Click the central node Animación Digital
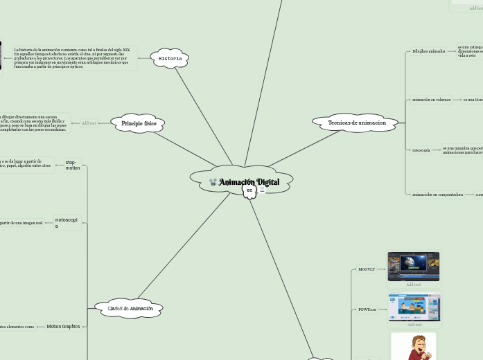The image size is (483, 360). pyautogui.click(x=249, y=182)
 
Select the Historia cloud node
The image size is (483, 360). pyautogui.click(x=170, y=59)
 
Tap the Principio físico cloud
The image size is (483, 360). pyautogui.click(x=139, y=123)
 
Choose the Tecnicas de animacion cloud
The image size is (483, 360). pyautogui.click(x=357, y=123)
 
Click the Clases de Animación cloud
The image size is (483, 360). pyautogui.click(x=130, y=308)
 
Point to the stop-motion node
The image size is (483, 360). pyautogui.click(x=73, y=165)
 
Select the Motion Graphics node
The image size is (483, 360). pyautogui.click(x=63, y=326)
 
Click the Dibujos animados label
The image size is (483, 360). pyautogui.click(x=428, y=51)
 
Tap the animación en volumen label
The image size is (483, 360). pyautogui.click(x=431, y=100)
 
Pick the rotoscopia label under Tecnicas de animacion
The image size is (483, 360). pyautogui.click(x=421, y=150)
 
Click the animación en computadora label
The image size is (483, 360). pyautogui.click(x=437, y=195)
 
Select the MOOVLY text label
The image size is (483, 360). pyautogui.click(x=367, y=269)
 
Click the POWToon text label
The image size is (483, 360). pyautogui.click(x=367, y=309)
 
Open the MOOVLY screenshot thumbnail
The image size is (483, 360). pyautogui.click(x=413, y=267)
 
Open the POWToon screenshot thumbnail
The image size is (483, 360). pyautogui.click(x=414, y=307)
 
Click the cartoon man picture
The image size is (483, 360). pyautogui.click(x=414, y=346)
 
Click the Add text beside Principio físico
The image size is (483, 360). pyautogui.click(x=89, y=123)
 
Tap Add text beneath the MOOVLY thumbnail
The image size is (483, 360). pyautogui.click(x=413, y=285)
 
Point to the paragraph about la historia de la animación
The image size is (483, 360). pyautogui.click(x=71, y=58)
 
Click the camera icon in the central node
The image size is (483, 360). pyautogui.click(x=213, y=182)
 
